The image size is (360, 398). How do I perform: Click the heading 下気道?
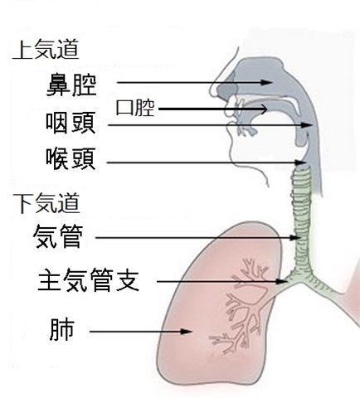tap(46, 202)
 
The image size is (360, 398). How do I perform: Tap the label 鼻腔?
tap(71, 85)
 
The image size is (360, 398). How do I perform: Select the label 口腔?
tap(135, 108)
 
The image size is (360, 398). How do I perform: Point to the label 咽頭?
tap(71, 123)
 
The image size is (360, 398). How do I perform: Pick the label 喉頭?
tap(71, 158)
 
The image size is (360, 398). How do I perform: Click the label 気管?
tap(58, 236)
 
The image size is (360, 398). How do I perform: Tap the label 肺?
tap(62, 330)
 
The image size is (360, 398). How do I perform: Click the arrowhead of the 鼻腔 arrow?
tap(267, 82)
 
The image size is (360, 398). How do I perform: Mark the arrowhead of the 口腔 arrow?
tap(263, 109)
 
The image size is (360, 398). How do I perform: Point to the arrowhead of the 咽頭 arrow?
tap(307, 125)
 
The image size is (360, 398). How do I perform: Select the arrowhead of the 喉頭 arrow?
tap(301, 163)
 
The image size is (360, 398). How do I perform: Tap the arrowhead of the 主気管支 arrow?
tap(283, 282)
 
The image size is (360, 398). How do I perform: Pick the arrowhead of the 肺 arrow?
tap(187, 332)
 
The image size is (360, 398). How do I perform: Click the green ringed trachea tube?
tap(301, 221)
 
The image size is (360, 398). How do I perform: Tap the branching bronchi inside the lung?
tap(243, 305)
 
